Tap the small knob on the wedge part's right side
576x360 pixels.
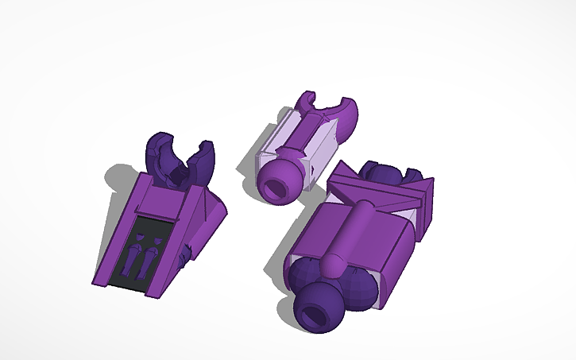point(186,254)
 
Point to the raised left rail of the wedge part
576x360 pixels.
point(120,230)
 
